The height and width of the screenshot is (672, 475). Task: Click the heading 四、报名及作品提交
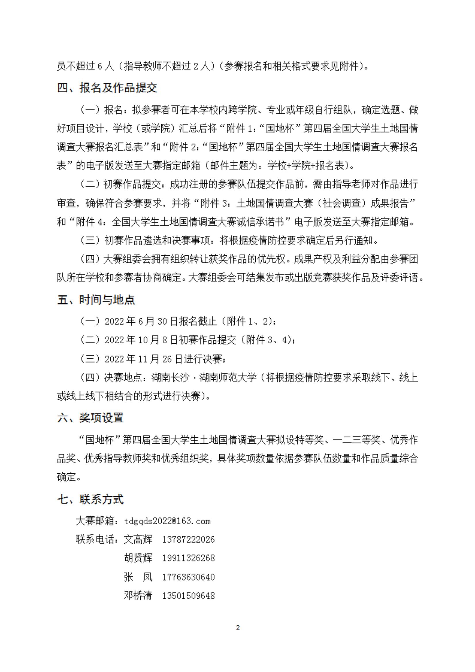tap(107, 88)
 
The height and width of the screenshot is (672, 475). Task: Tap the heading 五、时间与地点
tap(96, 300)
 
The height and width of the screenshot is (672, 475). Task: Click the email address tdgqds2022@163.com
tap(167, 521)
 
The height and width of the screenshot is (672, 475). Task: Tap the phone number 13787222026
tap(188, 540)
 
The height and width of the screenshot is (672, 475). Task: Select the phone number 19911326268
tap(188, 558)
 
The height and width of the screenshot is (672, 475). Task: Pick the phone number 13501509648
tap(188, 596)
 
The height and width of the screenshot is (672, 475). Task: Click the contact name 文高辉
tap(138, 540)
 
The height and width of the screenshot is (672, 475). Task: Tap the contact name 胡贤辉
tap(138, 558)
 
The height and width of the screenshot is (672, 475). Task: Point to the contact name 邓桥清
tap(138, 596)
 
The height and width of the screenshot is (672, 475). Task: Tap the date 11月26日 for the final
tap(161, 359)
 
